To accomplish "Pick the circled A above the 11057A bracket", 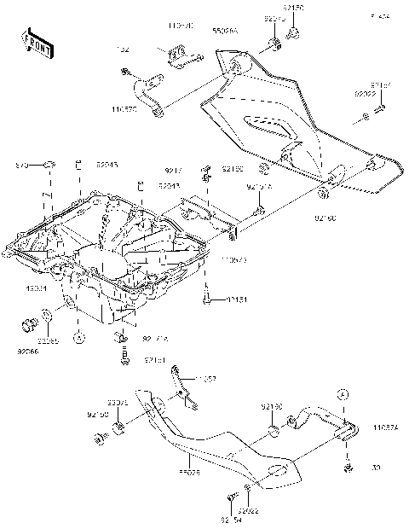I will (x=343, y=393).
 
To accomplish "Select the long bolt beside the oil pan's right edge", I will (x=206, y=299).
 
